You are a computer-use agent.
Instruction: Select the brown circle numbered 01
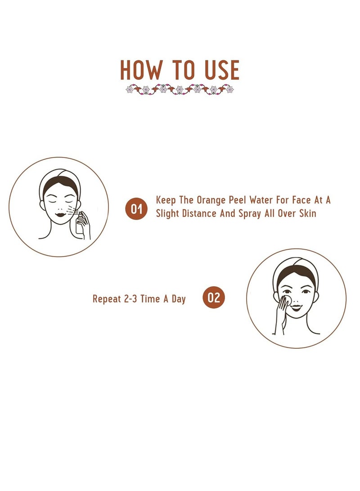click(x=136, y=208)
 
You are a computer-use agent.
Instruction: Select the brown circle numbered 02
click(x=214, y=297)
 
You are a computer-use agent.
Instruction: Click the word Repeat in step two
click(x=107, y=299)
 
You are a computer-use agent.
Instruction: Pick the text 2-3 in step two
click(x=130, y=299)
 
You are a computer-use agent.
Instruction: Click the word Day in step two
click(x=179, y=299)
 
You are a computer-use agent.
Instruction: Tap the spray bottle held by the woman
click(x=80, y=223)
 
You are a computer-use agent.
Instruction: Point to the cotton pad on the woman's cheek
click(x=287, y=299)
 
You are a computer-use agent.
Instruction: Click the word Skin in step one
click(x=307, y=214)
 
